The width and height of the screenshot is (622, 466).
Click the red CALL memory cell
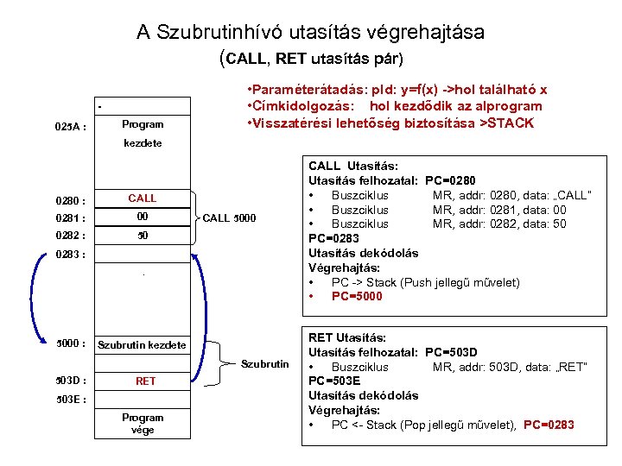[142, 198]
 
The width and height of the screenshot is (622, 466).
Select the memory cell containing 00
[142, 217]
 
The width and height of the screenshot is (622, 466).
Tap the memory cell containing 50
[142, 235]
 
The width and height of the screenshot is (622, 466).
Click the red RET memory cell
[145, 381]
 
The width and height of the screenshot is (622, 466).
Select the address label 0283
[70, 255]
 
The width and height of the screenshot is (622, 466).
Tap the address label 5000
[70, 343]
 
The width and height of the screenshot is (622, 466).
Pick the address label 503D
[70, 381]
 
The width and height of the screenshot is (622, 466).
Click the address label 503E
[70, 400]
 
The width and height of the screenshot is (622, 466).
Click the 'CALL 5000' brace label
[229, 217]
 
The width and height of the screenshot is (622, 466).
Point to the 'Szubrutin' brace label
[264, 363]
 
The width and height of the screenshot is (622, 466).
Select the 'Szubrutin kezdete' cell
[142, 345]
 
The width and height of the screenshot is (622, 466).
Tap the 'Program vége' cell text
[143, 424]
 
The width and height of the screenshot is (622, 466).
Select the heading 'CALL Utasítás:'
[352, 164]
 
